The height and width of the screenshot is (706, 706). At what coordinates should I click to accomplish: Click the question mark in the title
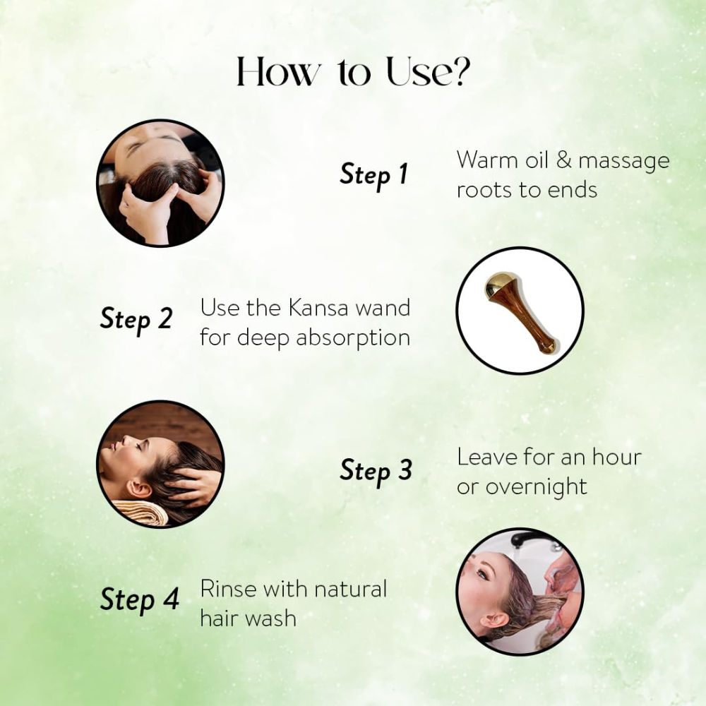click(460, 71)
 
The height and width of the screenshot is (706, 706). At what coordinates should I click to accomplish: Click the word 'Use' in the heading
click(419, 71)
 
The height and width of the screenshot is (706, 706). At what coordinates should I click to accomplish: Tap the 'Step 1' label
click(373, 175)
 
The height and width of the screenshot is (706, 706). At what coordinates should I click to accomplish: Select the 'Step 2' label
click(136, 319)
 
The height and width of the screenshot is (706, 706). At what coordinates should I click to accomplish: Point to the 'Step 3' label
click(376, 471)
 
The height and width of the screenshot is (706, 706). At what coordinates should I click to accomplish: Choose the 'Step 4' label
click(140, 600)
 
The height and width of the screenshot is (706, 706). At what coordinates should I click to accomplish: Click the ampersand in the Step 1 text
click(563, 160)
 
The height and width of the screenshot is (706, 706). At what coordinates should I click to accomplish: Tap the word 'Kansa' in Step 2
click(318, 309)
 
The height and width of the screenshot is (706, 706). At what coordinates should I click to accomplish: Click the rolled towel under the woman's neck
click(140, 513)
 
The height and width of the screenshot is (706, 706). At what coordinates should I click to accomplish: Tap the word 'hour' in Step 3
click(616, 457)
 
